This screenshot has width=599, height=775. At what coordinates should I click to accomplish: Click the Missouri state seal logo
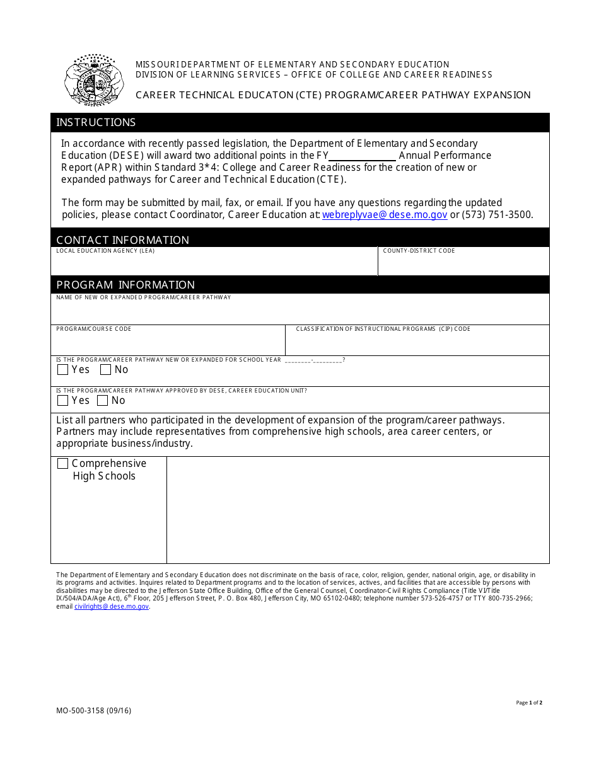(94, 80)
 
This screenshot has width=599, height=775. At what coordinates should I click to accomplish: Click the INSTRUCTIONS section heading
(96, 122)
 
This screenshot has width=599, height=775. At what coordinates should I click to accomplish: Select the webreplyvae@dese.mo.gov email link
(385, 214)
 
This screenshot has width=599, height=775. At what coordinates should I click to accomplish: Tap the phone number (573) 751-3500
(497, 214)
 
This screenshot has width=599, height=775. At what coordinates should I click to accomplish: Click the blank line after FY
(362, 156)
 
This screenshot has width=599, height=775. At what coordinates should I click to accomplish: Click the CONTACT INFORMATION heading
(122, 240)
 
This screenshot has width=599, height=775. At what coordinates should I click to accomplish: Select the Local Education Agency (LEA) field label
(105, 251)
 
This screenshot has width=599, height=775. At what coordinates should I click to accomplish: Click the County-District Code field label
(419, 251)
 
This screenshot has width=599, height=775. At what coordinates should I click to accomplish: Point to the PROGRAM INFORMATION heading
(125, 285)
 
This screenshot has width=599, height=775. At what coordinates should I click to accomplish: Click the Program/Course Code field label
(94, 329)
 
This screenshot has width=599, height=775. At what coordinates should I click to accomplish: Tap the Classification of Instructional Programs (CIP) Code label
(383, 329)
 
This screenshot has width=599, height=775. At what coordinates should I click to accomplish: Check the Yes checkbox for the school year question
(63, 370)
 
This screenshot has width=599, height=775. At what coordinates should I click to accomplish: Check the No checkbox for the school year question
(106, 370)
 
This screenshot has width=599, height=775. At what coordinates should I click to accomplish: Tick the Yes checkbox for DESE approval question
(63, 401)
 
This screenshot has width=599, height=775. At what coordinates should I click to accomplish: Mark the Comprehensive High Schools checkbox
(63, 464)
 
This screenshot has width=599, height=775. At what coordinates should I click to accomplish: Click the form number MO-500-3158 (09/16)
(94, 711)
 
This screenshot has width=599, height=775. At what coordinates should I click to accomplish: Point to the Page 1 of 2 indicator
(529, 703)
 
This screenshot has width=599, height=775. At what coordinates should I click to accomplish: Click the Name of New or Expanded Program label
(144, 297)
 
